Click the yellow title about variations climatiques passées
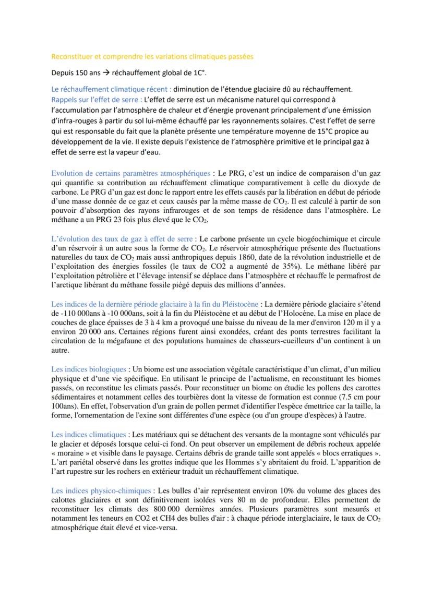(x=152, y=56)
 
